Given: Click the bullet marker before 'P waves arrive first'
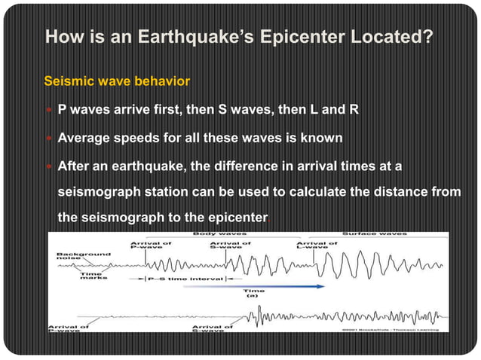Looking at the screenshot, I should [50, 110].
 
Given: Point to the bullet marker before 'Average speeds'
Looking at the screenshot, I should [50, 138].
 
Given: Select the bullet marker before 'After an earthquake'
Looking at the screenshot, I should [50, 166].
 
